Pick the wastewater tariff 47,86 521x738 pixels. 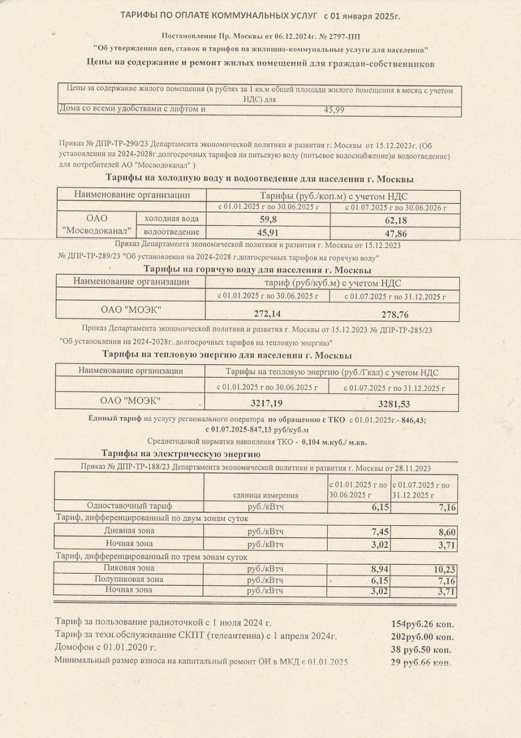pos(395,232)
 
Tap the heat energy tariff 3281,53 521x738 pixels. pos(393,402)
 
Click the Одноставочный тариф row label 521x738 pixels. pos(129,506)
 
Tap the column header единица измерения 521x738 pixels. pos(265,495)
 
